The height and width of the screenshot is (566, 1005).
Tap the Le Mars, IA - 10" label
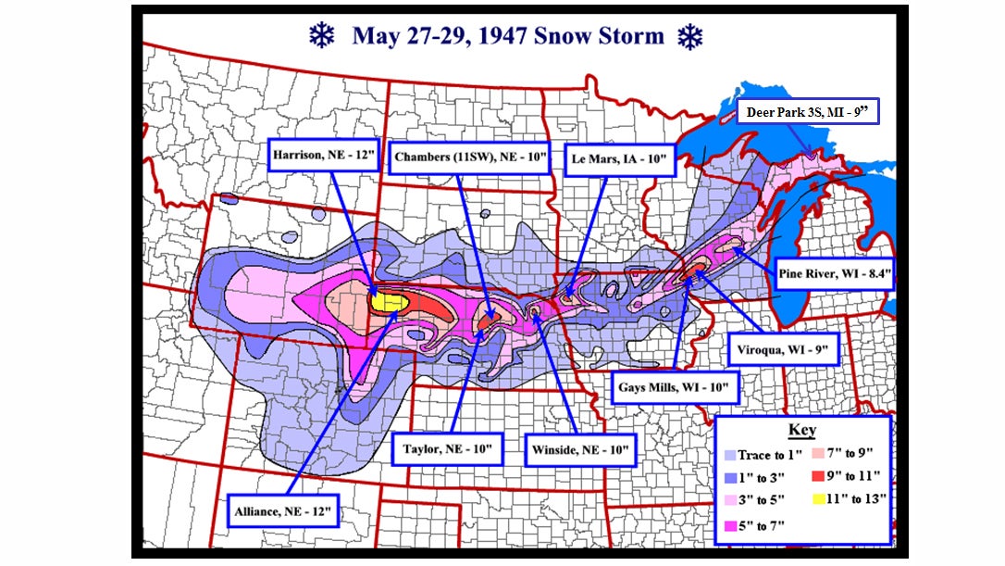click(x=621, y=158)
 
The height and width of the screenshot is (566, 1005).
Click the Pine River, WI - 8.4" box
click(x=833, y=275)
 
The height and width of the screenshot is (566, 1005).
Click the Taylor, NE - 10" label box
click(x=448, y=447)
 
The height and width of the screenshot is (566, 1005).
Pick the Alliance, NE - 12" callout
click(x=282, y=509)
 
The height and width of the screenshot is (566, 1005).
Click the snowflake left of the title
click(x=321, y=36)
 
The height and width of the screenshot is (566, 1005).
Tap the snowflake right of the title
click(x=690, y=37)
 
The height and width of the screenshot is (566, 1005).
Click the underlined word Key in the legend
click(x=801, y=431)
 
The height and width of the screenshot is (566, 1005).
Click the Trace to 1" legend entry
click(x=765, y=455)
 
